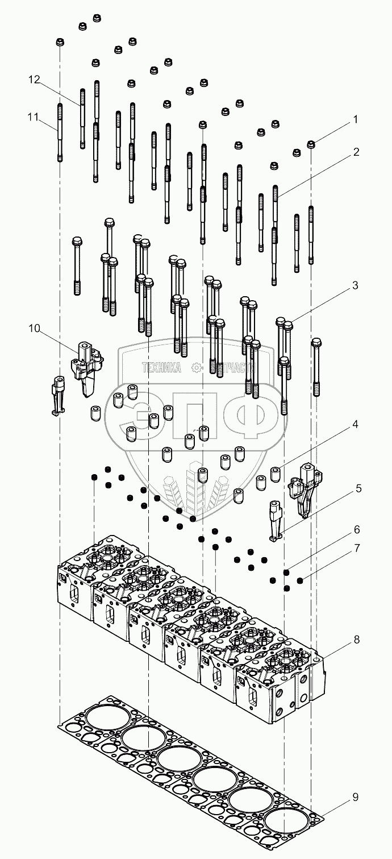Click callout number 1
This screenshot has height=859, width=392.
tap(355, 120)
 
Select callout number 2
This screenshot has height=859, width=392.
tap(355, 152)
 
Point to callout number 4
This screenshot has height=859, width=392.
tap(355, 424)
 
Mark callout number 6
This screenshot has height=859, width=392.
tap(356, 529)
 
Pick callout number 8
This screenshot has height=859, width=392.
tap(356, 639)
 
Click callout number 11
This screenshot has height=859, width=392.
tap(33, 118)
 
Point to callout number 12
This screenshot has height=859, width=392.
tap(35, 80)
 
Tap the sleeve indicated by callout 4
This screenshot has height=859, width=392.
tap(276, 473)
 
